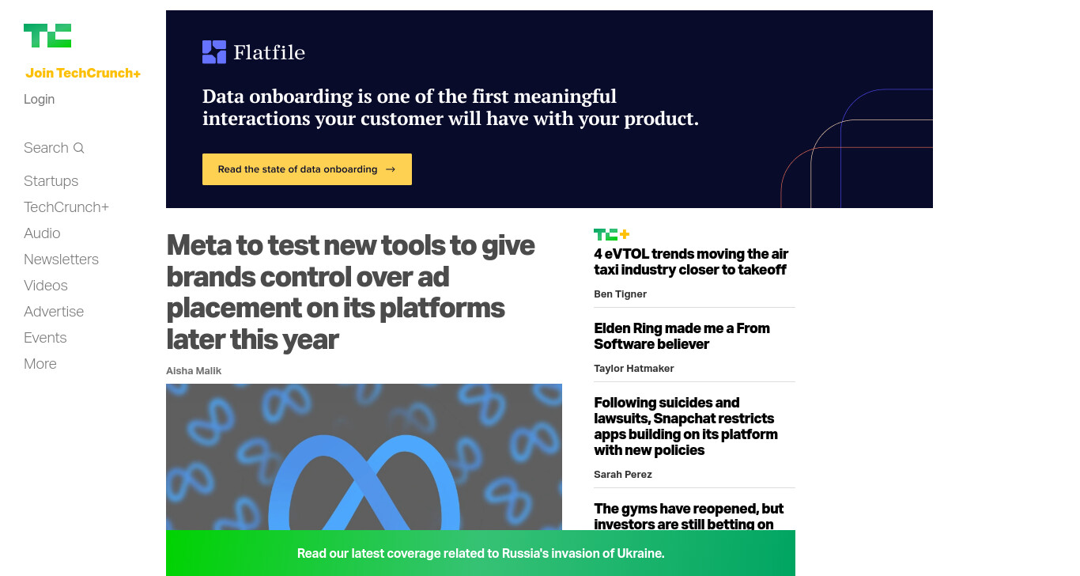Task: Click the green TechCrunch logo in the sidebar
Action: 47,36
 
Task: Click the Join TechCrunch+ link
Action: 83,73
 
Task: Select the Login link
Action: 39,99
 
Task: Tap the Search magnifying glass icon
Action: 78,148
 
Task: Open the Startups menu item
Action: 51,181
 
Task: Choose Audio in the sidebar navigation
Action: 42,233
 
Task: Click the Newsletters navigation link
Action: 61,259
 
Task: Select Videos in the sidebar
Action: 45,285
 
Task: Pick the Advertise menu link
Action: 54,311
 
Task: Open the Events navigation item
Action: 45,337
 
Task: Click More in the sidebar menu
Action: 40,363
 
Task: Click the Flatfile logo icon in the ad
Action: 214,52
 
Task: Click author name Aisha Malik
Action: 194,370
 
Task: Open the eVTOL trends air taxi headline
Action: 690,261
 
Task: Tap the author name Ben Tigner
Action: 620,294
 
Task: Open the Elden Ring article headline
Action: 682,335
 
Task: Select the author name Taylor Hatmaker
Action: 633,368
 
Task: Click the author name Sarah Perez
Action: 622,474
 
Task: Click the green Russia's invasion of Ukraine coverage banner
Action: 480,553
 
